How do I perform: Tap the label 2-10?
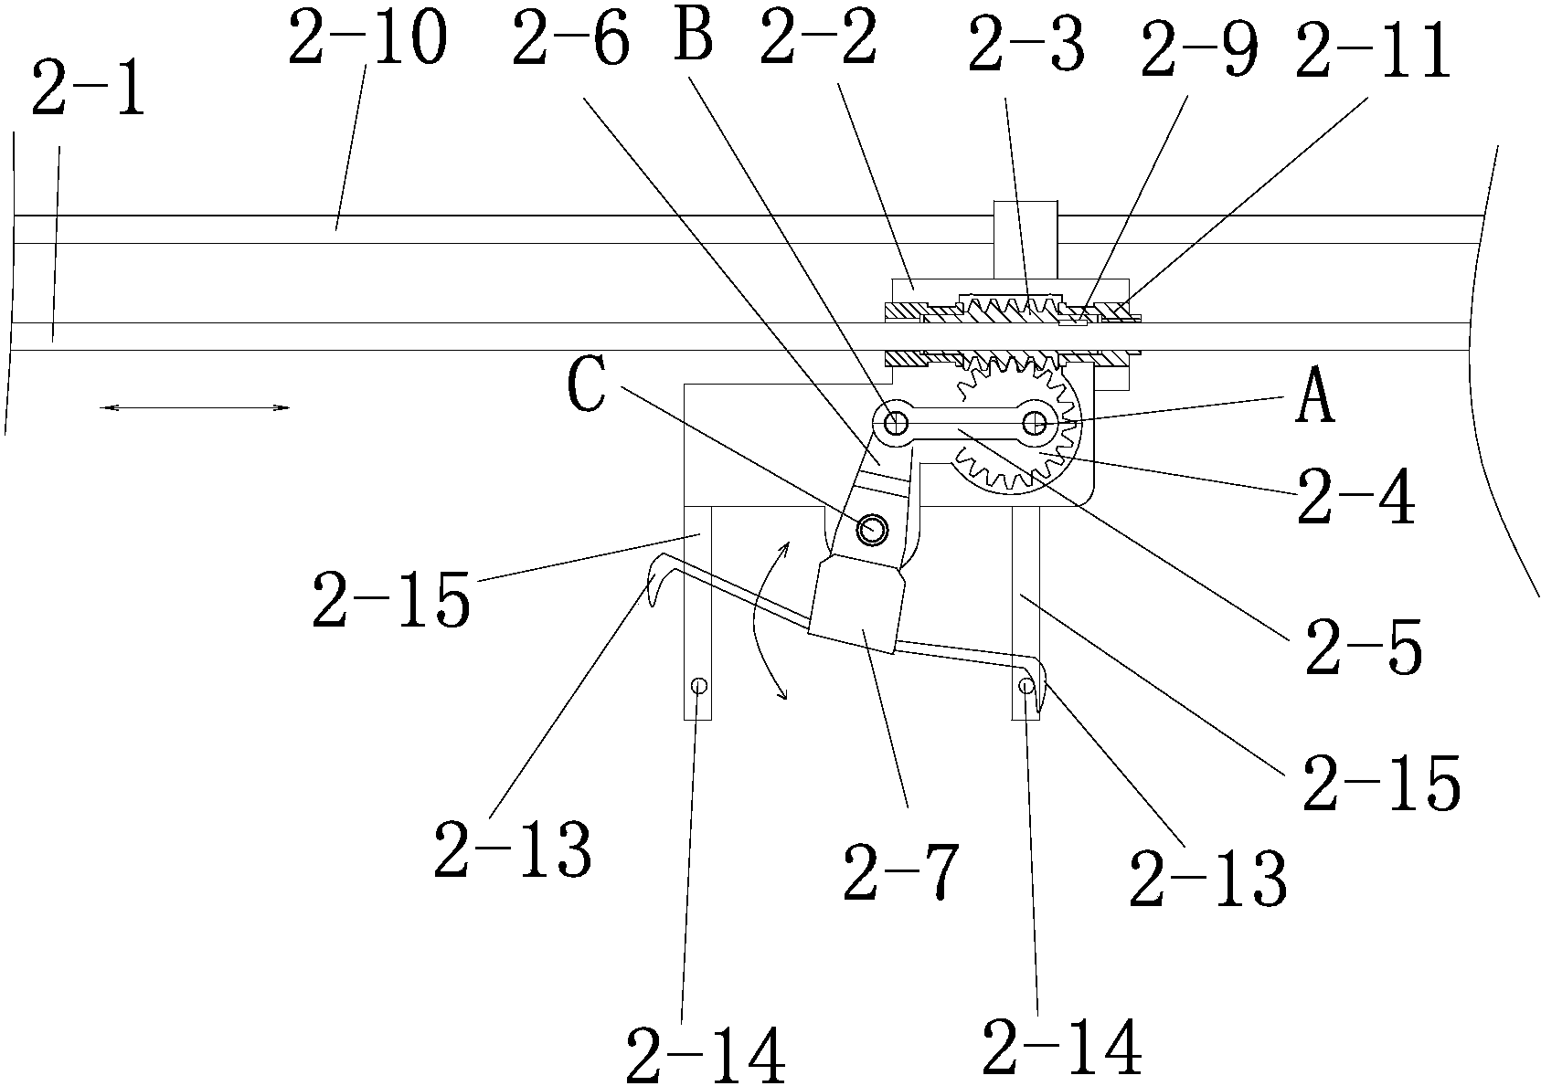(x=368, y=37)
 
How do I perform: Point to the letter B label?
(x=694, y=36)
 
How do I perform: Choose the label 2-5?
(x=1363, y=646)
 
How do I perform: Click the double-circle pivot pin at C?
(x=872, y=529)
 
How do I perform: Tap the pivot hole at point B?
(x=895, y=423)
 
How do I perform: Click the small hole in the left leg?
(x=699, y=685)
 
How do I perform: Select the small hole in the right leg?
(x=1026, y=685)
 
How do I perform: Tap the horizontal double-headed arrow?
(x=195, y=407)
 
